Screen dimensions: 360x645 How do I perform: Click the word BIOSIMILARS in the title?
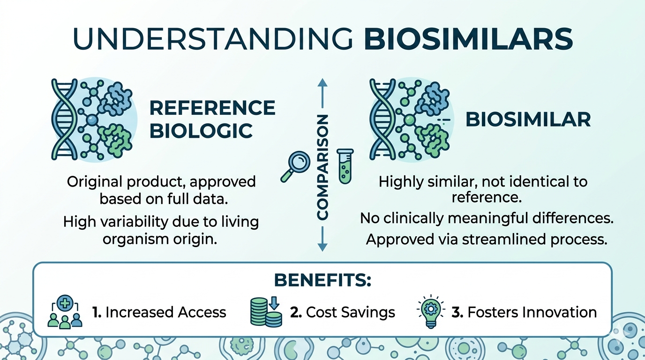coord(468,38)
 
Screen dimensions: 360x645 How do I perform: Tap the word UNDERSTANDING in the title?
coord(212,38)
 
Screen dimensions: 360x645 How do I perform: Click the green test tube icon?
coord(345,166)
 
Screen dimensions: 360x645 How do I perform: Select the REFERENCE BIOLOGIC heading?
coord(212,120)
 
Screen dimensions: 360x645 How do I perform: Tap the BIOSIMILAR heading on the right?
coord(528,120)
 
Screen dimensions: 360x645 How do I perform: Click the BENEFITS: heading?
coord(322,280)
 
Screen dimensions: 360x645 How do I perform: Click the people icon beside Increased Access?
coord(65,312)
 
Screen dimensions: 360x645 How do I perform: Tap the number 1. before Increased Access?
coord(97,312)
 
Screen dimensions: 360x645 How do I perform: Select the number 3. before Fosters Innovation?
coord(457,312)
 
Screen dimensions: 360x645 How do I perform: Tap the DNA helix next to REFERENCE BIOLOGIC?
coord(63,120)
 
